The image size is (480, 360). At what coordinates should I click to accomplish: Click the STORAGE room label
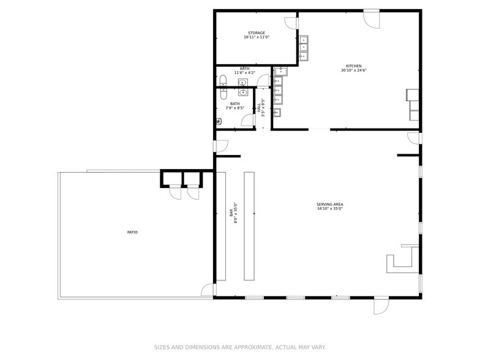pos(257,33)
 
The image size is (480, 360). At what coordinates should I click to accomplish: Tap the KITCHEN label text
pos(354,66)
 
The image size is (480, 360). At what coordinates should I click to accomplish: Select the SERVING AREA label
pos(329,204)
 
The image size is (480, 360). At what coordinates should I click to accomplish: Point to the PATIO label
pos(132,233)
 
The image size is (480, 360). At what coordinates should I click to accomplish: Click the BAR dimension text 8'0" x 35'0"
pos(236,213)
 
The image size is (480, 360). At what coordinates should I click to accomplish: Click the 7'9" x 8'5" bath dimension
pos(235,108)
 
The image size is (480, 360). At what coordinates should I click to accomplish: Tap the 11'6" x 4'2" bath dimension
pos(245,73)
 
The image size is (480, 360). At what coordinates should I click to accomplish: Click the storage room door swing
pos(290,23)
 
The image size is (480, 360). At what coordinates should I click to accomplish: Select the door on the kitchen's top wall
pos(372,20)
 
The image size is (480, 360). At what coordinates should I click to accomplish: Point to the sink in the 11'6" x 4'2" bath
pos(242,82)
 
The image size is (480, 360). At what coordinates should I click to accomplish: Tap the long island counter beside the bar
pos(249,227)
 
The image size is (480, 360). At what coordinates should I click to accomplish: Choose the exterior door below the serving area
pos(381,306)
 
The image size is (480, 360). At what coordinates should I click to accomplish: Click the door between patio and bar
pos(207,290)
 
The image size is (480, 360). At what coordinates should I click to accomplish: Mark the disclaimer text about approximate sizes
pos(240,348)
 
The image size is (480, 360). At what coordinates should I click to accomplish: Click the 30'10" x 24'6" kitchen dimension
pos(354,70)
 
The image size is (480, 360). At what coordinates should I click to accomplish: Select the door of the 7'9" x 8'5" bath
pos(247,120)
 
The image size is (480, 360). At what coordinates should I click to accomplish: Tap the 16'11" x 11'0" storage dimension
pos(257,37)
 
